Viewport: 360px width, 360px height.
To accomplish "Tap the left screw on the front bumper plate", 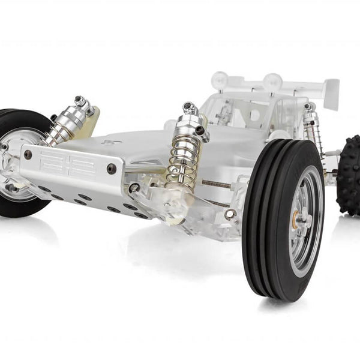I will coord(28,155).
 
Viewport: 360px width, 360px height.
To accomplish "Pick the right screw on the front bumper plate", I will coord(112,169).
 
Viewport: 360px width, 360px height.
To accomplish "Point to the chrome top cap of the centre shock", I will coord(190,109).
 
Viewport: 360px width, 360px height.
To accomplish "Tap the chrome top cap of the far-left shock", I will coord(80,101).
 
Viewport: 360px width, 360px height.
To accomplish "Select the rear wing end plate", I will coord(331,93).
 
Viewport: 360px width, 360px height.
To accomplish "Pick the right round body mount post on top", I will coord(273,80).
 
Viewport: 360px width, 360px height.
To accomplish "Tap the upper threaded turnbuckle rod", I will coord(216,184).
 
